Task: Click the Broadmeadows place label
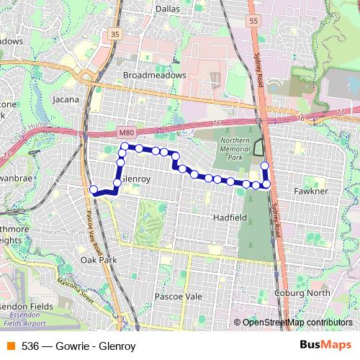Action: tap(155, 75)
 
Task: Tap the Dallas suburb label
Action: tap(167, 9)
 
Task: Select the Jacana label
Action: tap(66, 99)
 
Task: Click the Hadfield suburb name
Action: tap(230, 216)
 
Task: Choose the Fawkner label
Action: tap(312, 192)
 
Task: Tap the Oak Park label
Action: tap(99, 259)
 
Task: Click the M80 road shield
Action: tap(126, 132)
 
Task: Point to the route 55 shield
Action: tap(253, 22)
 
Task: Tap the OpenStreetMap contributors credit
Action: tap(297, 323)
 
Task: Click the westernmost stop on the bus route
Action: tap(93, 190)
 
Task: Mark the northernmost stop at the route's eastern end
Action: tap(264, 166)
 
